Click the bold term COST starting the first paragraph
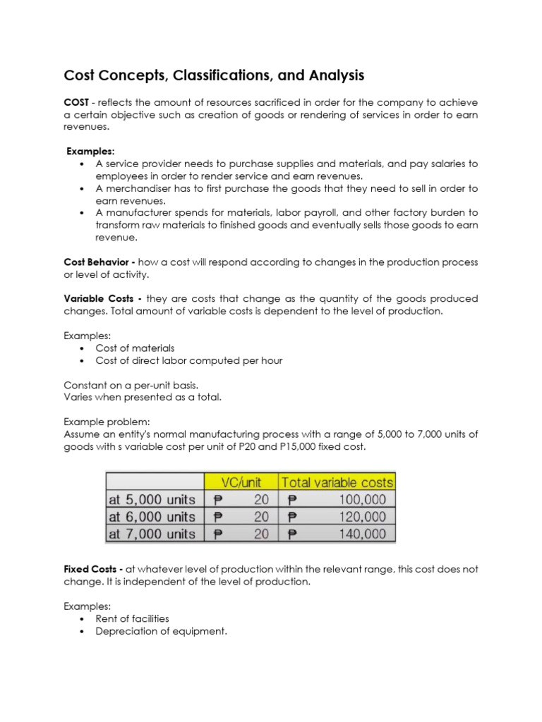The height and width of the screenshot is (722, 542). pos(77,102)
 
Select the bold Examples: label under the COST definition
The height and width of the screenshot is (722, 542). pos(91,152)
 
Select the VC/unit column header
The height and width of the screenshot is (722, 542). pos(241,482)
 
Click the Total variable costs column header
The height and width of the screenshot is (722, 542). pos(337,482)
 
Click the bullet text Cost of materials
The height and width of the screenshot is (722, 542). pos(135,348)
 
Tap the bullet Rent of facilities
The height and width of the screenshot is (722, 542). pos(132,618)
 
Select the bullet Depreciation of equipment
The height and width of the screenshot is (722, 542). pos(161,631)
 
